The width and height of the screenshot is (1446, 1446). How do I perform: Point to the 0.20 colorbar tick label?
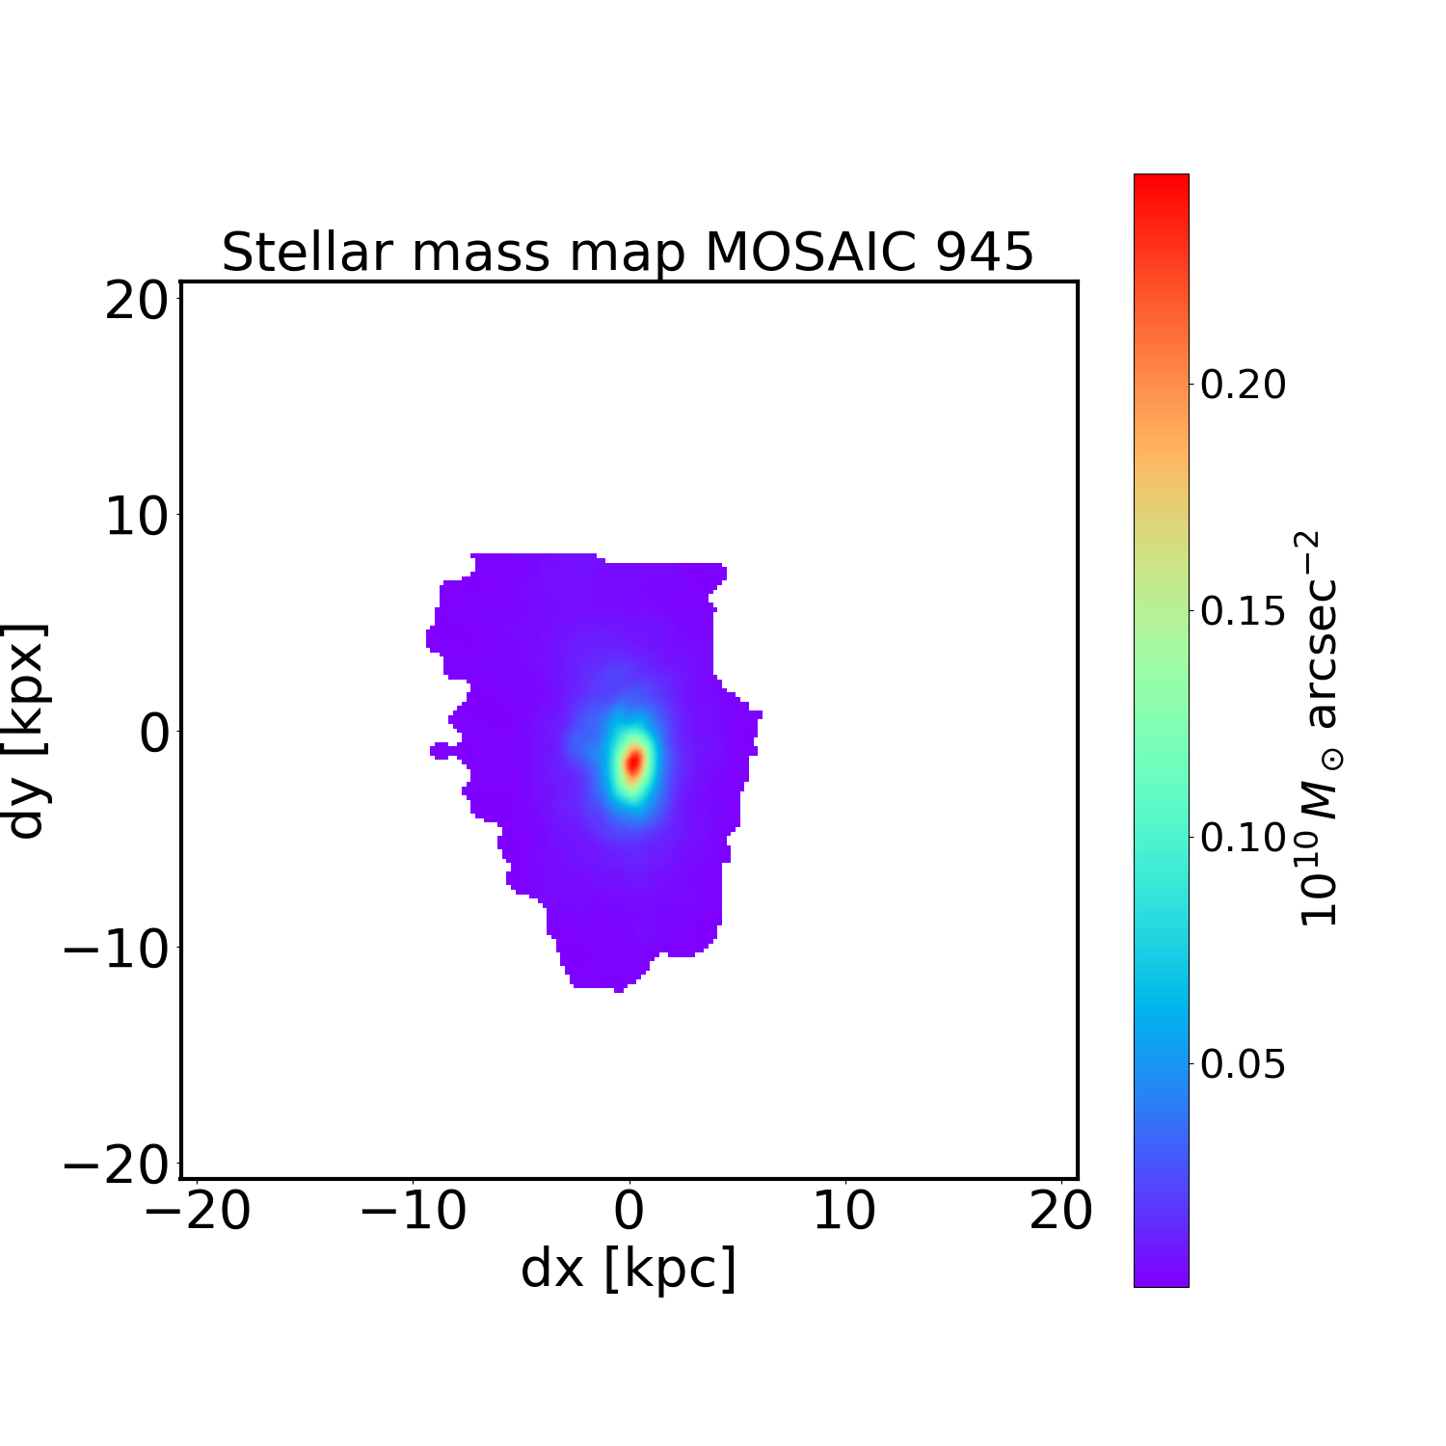[x=1243, y=385]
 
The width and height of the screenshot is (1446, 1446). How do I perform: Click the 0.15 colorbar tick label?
[x=1243, y=611]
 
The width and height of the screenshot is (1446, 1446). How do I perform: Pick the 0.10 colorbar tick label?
[x=1243, y=838]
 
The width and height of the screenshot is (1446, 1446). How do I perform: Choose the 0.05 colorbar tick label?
[x=1243, y=1064]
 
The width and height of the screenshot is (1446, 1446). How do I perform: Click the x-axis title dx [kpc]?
[x=629, y=1269]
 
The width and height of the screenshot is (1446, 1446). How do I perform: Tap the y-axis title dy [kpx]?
[x=27, y=730]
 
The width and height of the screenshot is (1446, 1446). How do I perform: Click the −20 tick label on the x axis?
[x=198, y=1212]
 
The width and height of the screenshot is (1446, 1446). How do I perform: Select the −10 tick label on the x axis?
[x=414, y=1212]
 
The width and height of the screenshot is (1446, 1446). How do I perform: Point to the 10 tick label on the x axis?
[x=845, y=1212]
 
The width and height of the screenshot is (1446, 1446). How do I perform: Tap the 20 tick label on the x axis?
[x=1061, y=1212]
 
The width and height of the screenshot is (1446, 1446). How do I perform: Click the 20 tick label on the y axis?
[x=136, y=302]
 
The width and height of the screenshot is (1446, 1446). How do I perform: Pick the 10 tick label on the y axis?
[x=136, y=518]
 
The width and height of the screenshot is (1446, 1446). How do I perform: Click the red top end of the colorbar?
[x=1161, y=183]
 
